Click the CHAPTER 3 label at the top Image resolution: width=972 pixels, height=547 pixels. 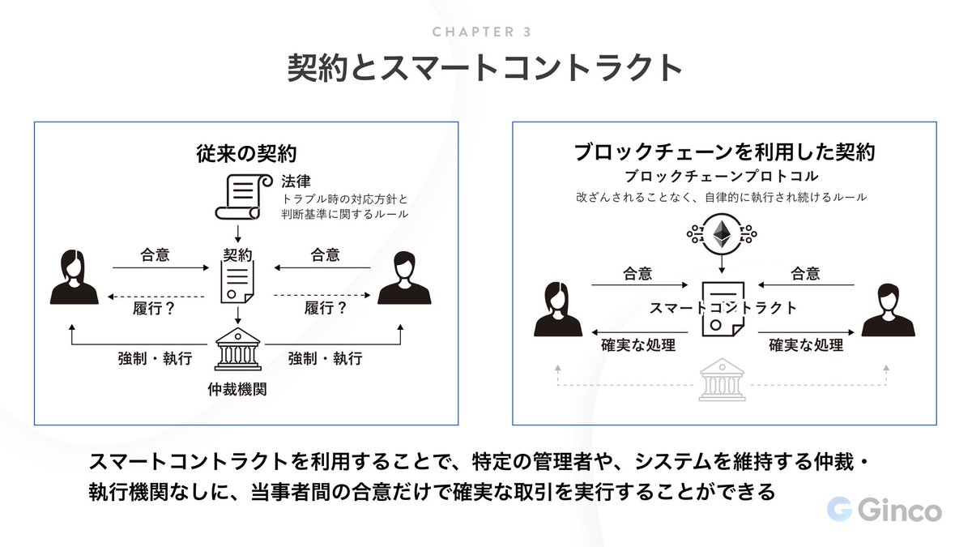(481, 32)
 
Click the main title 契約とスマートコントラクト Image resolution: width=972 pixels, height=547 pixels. (485, 68)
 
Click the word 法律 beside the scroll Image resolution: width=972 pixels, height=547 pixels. (296, 180)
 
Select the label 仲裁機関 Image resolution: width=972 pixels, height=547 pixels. (237, 389)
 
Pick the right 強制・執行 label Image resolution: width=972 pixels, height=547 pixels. (325, 357)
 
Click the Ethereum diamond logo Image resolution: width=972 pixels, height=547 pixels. (720, 234)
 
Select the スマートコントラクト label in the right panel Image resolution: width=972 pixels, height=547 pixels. (723, 308)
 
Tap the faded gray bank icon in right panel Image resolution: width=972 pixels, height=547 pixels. (722, 381)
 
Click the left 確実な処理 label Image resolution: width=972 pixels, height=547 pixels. (638, 345)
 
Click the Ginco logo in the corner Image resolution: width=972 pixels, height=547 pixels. (884, 511)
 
